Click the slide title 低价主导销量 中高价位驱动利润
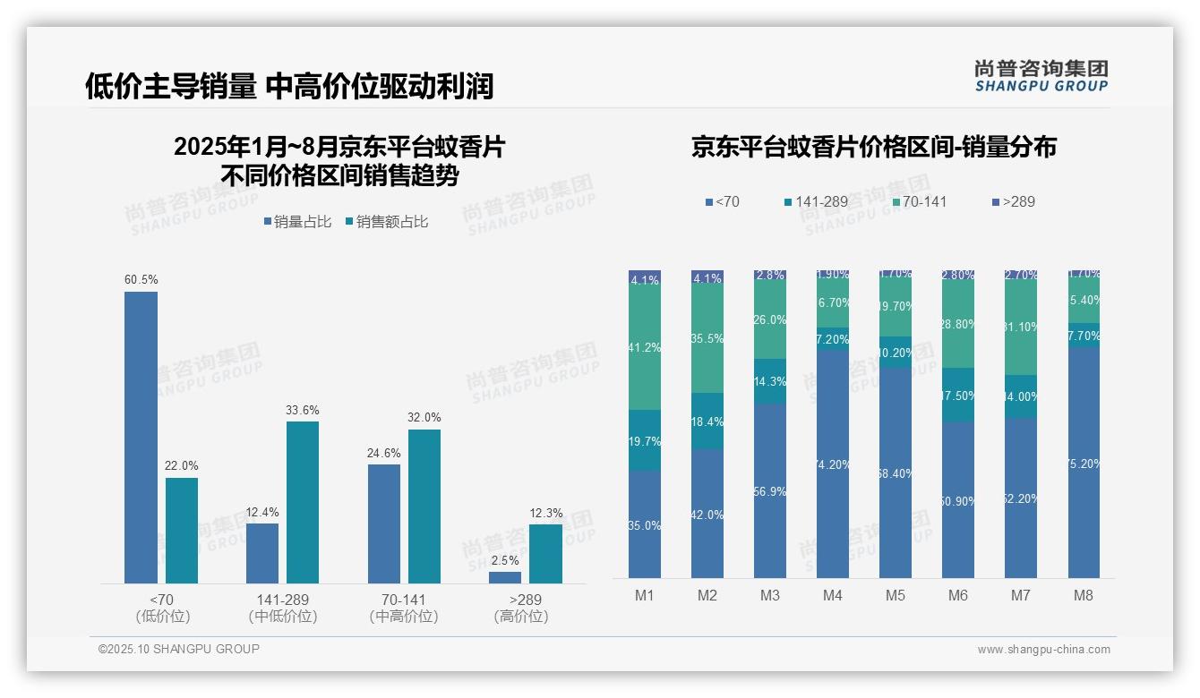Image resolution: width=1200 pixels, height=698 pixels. (289, 86)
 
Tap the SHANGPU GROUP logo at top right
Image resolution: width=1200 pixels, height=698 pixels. (1041, 76)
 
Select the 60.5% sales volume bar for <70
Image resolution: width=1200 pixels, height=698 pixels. (141, 438)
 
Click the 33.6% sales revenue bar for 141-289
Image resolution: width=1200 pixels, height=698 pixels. (303, 502)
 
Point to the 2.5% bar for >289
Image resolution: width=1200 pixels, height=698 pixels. (505, 577)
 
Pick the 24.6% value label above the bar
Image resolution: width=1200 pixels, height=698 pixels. (383, 454)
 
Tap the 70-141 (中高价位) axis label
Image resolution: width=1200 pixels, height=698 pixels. (404, 608)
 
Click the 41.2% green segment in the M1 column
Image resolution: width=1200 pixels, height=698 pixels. (645, 348)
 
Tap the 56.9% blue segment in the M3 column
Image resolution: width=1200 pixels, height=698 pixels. (770, 490)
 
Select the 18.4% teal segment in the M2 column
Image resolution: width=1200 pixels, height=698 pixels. (707, 421)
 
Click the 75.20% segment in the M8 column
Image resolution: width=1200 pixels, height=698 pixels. (1084, 463)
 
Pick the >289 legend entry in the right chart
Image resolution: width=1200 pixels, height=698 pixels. (1013, 202)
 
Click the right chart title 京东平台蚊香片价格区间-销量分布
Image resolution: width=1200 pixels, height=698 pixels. (873, 147)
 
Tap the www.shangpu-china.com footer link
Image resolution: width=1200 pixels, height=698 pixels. (1043, 650)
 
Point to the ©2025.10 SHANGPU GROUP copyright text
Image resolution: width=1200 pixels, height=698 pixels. (179, 649)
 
